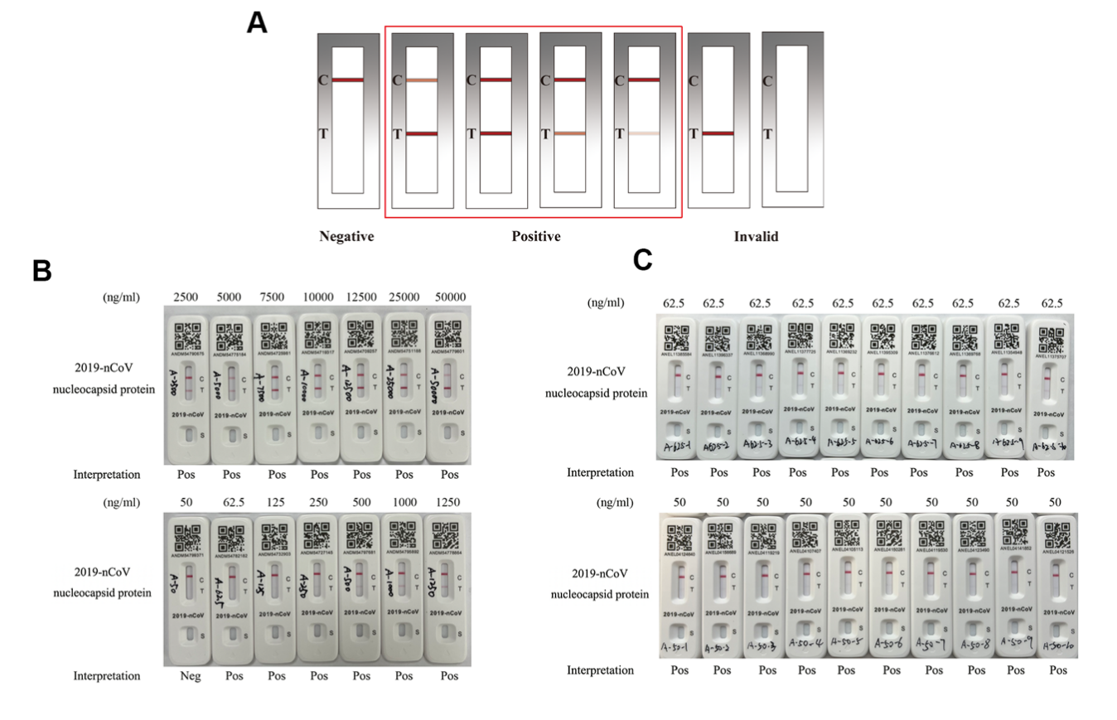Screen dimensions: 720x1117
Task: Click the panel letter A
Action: coord(257,22)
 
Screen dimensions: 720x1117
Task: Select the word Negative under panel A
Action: coord(346,237)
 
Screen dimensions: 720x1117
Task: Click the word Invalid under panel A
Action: coord(756,237)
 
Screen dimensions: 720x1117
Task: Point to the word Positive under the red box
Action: coord(535,237)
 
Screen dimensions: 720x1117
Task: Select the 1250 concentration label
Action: coord(446,503)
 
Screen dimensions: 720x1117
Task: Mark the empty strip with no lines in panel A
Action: coord(791,119)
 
